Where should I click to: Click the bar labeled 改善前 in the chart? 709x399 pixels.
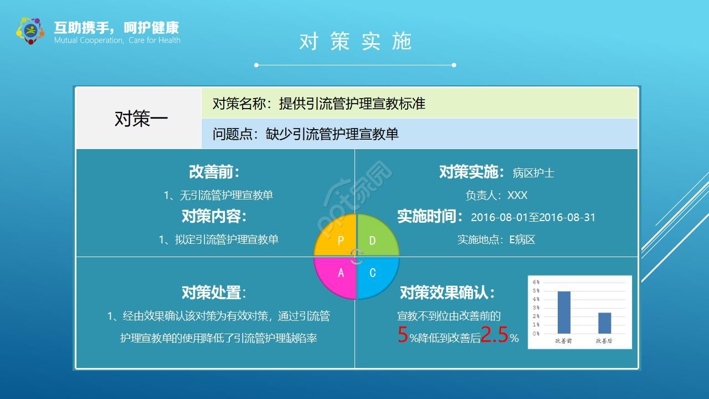[564, 312]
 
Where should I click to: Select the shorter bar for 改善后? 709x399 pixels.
[604, 323]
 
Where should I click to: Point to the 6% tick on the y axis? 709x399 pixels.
[536, 283]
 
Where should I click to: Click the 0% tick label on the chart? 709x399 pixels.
[536, 334]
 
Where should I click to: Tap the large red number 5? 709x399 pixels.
[403, 335]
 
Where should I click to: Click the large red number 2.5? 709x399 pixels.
[494, 335]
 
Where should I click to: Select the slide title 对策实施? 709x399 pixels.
[355, 42]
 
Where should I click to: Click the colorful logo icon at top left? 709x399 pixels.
[30, 30]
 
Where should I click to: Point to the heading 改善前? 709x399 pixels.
[214, 172]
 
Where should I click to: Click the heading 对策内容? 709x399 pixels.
[214, 216]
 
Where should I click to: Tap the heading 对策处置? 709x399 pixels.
[214, 292]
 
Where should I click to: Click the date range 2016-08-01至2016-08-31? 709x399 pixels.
[533, 217]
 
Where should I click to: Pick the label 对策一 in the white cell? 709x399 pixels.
[141, 119]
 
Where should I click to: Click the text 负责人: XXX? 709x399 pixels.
[496, 195]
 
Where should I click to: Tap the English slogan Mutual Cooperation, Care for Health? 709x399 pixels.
[117, 40]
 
